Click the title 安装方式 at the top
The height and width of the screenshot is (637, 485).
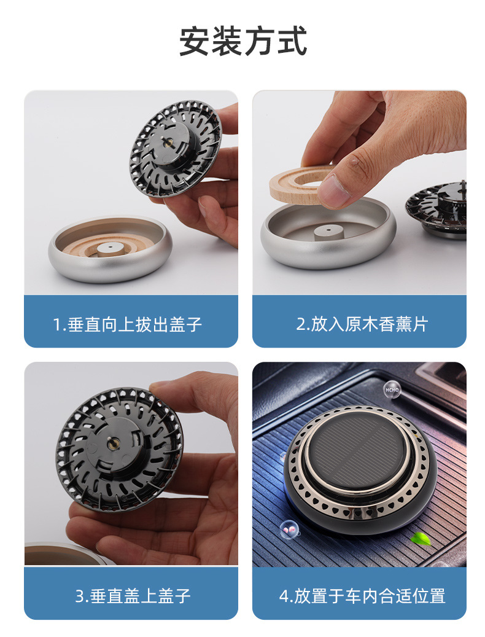click(243, 42)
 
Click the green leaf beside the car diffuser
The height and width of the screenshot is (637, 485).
click(421, 539)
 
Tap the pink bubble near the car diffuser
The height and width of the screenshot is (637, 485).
click(287, 527)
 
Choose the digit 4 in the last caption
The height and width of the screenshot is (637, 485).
click(284, 596)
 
